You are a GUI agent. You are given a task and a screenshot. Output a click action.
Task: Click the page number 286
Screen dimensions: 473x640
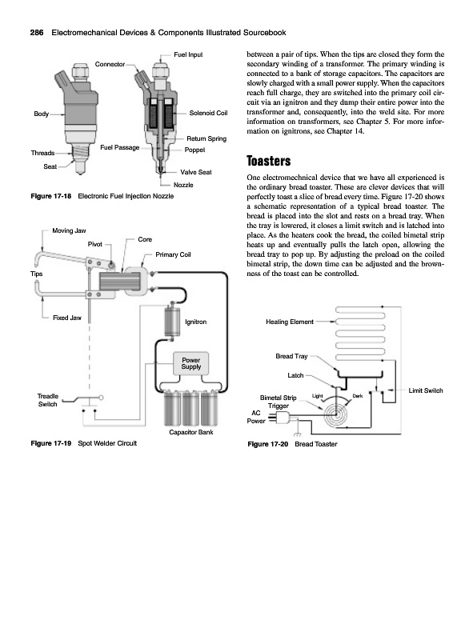coord(36,33)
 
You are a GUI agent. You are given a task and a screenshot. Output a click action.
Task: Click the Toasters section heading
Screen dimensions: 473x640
coord(268,161)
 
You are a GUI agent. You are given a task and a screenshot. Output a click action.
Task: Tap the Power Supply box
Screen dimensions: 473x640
coord(190,363)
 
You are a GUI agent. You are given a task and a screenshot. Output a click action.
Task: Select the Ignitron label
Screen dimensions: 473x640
coord(195,322)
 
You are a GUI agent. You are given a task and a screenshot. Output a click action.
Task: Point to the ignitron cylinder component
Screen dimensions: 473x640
coord(172,322)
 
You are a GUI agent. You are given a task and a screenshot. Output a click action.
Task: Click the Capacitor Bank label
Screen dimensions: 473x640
coord(190,432)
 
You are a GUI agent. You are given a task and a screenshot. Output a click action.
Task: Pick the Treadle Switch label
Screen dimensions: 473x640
coord(48,400)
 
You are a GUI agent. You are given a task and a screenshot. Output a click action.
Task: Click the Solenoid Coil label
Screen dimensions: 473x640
coord(208,113)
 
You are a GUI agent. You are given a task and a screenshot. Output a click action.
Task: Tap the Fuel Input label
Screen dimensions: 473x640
coord(188,54)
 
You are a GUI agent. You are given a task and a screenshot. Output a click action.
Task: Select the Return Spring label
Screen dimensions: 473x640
coord(206,138)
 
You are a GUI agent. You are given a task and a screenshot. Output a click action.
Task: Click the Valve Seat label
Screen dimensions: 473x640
coord(196,172)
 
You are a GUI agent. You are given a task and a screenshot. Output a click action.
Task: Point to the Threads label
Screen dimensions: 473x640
coord(42,153)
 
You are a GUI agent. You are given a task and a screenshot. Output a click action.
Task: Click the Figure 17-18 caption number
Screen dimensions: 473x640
coord(51,196)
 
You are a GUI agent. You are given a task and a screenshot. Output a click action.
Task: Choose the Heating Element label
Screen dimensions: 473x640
coord(290,322)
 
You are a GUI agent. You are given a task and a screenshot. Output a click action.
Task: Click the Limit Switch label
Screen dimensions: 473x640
coord(426,390)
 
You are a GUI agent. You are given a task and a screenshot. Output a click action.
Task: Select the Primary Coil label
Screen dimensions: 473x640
coord(173,254)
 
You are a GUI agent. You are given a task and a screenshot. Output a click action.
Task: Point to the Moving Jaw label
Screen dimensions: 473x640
coord(69,230)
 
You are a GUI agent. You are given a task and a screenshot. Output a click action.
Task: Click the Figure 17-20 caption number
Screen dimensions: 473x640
coord(268,444)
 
